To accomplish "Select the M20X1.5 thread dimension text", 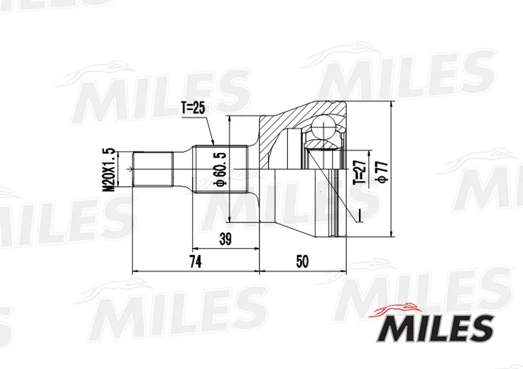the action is pos(109,169).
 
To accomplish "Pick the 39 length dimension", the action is pos(226,239).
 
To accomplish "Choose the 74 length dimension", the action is pos(195,262).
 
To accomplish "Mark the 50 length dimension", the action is pos(303,262).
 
